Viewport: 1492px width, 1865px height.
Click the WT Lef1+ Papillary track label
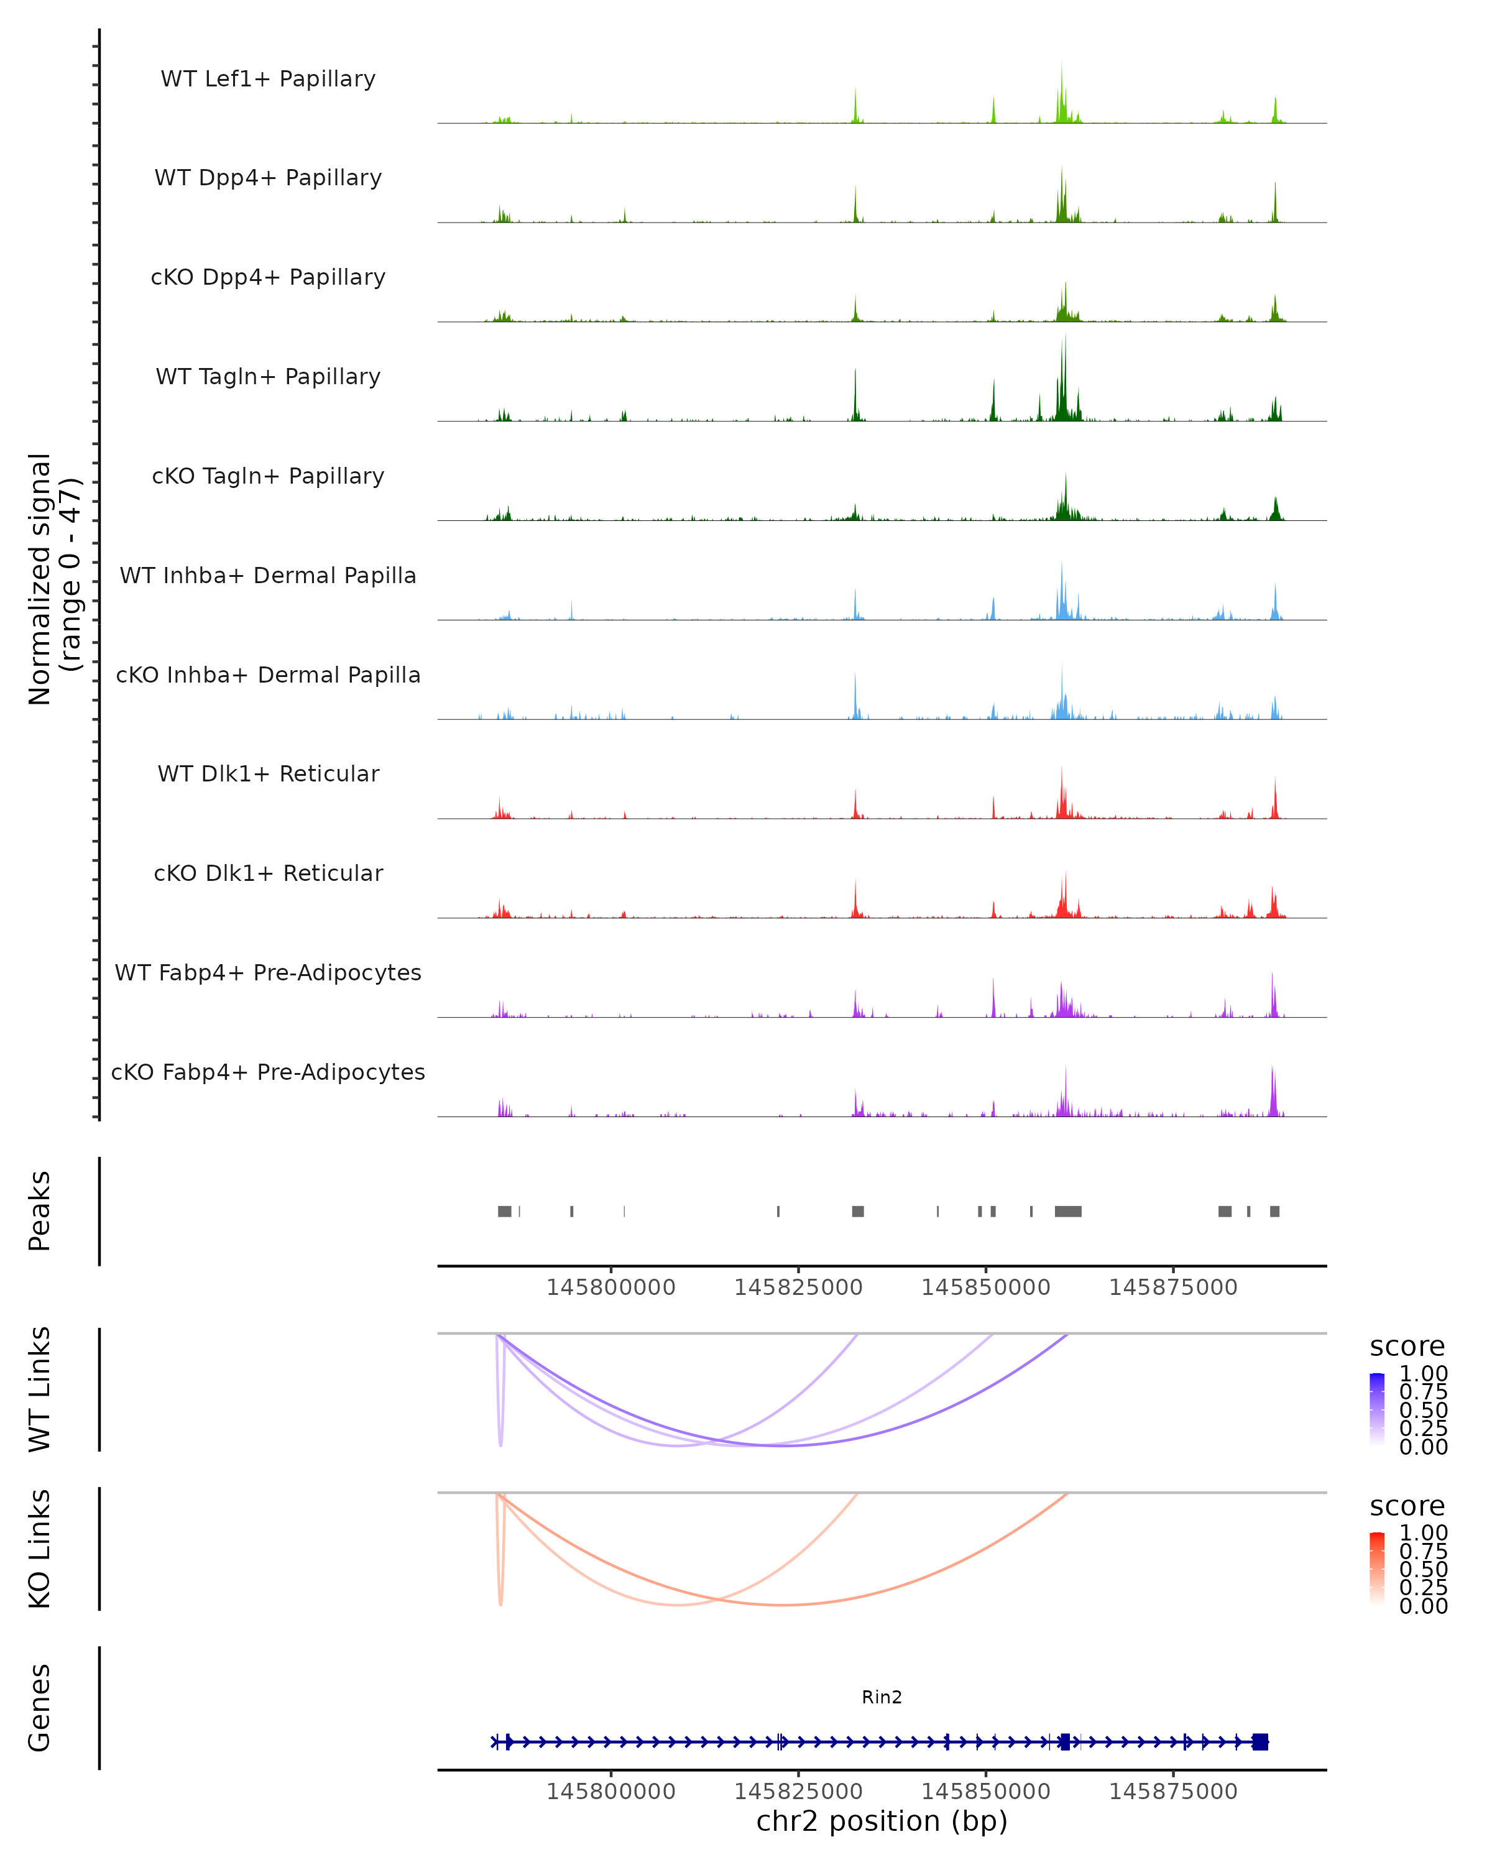tap(268, 79)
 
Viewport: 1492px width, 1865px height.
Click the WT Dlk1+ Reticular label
tap(268, 773)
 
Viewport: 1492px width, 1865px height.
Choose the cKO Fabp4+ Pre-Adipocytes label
tap(268, 1072)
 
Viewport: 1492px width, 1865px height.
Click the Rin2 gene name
tap(882, 1697)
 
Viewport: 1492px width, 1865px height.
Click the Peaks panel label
tap(40, 1210)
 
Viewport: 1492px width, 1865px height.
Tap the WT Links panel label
tap(40, 1388)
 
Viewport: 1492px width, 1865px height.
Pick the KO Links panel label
tap(40, 1549)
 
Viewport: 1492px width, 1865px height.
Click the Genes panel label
tap(40, 1708)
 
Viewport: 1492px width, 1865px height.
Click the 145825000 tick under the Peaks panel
tap(798, 1287)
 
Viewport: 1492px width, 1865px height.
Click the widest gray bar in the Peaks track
tap(1068, 1211)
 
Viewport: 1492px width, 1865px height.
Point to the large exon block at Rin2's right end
tap(1260, 1741)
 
